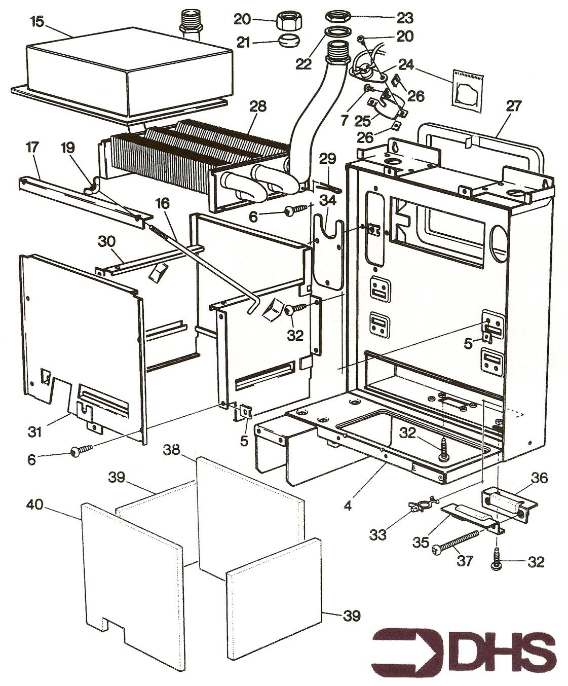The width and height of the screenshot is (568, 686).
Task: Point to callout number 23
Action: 405,18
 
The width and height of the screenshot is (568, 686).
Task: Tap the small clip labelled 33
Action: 421,504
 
